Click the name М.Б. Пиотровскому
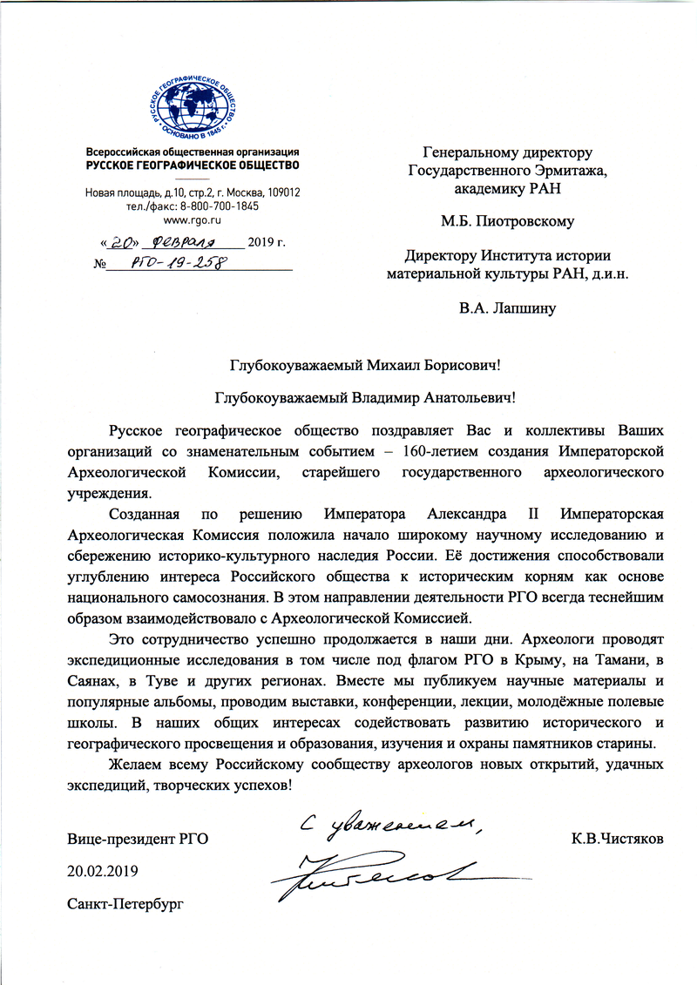[x=509, y=221]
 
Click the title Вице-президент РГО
[x=139, y=839]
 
